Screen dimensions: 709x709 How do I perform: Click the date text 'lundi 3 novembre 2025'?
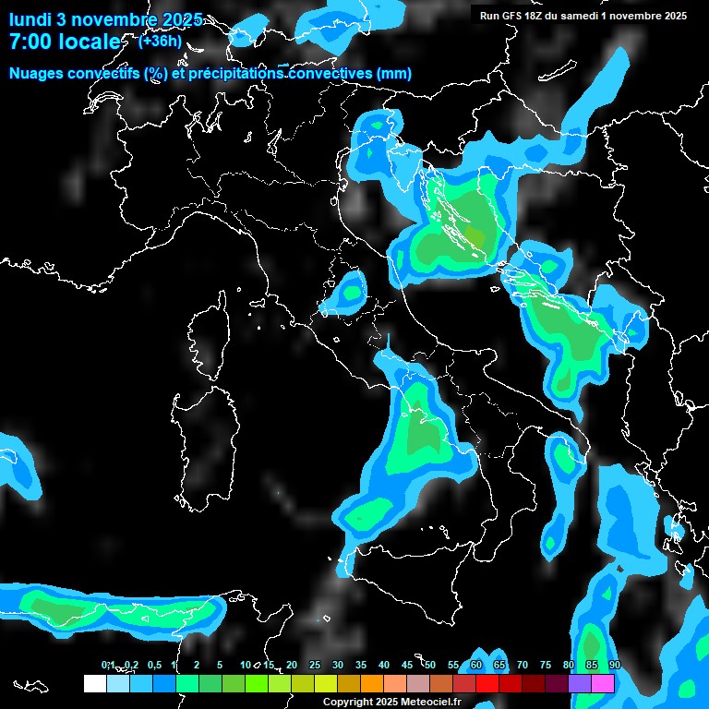(106, 18)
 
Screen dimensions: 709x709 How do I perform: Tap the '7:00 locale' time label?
(65, 42)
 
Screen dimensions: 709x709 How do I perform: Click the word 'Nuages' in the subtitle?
(38, 74)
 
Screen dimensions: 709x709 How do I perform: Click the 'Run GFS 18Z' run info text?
(512, 16)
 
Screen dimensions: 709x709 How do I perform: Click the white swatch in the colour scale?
(94, 683)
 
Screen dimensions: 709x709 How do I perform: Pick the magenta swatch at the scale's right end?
(603, 683)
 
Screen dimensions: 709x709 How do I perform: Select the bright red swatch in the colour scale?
(487, 683)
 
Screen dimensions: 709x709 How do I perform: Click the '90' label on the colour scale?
(614, 666)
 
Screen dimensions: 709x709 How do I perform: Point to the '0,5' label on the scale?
(153, 666)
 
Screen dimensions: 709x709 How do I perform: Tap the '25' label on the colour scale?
(314, 666)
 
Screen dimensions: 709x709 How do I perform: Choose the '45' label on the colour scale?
(406, 666)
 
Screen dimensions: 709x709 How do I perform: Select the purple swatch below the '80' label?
(580, 683)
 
